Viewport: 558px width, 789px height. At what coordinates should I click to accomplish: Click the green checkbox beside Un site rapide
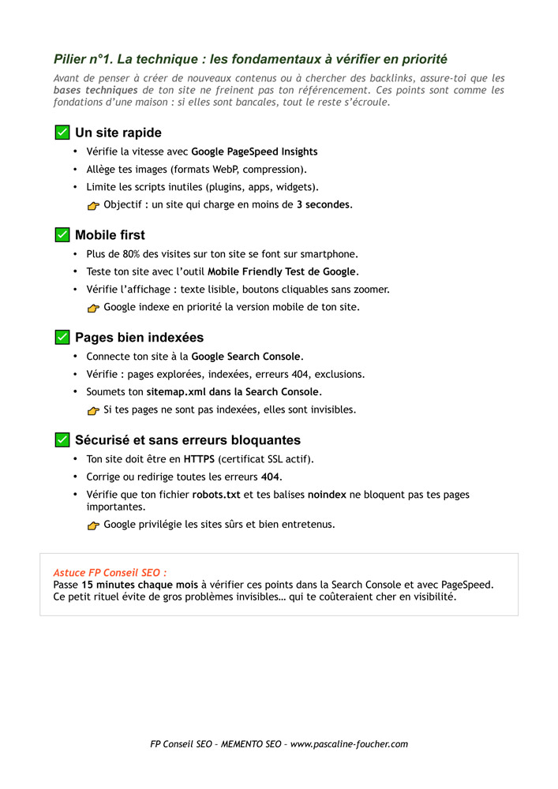pyautogui.click(x=62, y=132)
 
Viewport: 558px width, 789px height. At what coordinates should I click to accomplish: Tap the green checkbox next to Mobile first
pyautogui.click(x=62, y=234)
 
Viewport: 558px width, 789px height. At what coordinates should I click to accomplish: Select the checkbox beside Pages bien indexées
pyautogui.click(x=62, y=337)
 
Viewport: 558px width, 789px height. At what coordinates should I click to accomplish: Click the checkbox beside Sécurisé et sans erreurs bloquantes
pyautogui.click(x=62, y=439)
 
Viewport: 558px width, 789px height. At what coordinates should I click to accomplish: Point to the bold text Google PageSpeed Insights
pyautogui.click(x=254, y=151)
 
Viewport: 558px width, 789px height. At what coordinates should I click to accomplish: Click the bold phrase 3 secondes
pyautogui.click(x=324, y=205)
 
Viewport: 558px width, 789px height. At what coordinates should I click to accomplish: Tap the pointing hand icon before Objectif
pyautogui.click(x=94, y=206)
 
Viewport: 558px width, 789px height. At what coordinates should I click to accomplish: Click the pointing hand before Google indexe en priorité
pyautogui.click(x=94, y=308)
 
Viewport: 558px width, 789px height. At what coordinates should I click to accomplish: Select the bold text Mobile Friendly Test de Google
pyautogui.click(x=282, y=272)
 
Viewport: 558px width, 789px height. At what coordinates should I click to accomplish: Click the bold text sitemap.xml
pyautogui.click(x=175, y=392)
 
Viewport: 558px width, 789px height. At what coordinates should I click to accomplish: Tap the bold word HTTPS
pyautogui.click(x=199, y=459)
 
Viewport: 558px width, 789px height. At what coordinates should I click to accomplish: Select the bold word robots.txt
pyautogui.click(x=216, y=495)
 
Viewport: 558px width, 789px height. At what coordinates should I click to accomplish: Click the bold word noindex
pyautogui.click(x=327, y=495)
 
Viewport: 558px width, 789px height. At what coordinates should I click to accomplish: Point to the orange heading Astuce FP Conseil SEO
pyautogui.click(x=110, y=572)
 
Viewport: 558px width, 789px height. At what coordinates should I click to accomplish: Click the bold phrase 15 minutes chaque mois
pyautogui.click(x=140, y=585)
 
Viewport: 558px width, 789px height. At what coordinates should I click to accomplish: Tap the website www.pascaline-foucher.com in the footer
pyautogui.click(x=349, y=744)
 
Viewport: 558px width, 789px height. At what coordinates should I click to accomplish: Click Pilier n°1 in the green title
pyautogui.click(x=81, y=59)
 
